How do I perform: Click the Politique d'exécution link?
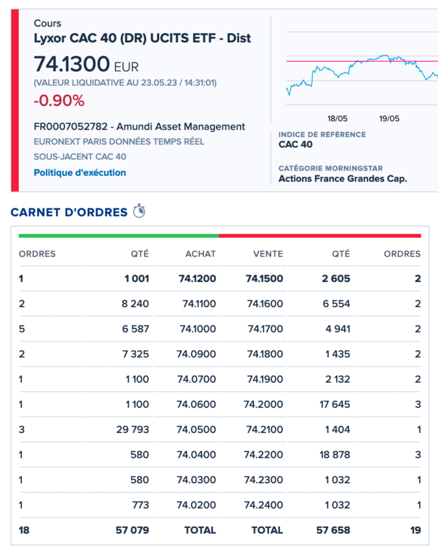pyautogui.click(x=80, y=173)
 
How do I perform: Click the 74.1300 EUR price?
pyautogui.click(x=86, y=65)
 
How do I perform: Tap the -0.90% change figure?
pyautogui.click(x=59, y=101)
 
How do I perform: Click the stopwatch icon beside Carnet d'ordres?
pyautogui.click(x=139, y=211)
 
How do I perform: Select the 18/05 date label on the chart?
pyautogui.click(x=337, y=118)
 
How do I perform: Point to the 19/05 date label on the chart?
pyautogui.click(x=389, y=118)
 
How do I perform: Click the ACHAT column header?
pyautogui.click(x=200, y=254)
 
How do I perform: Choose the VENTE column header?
pyautogui.click(x=268, y=254)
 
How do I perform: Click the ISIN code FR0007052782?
pyautogui.click(x=68, y=127)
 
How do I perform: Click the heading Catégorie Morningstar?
pyautogui.click(x=330, y=168)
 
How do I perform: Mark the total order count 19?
pyautogui.click(x=415, y=530)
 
